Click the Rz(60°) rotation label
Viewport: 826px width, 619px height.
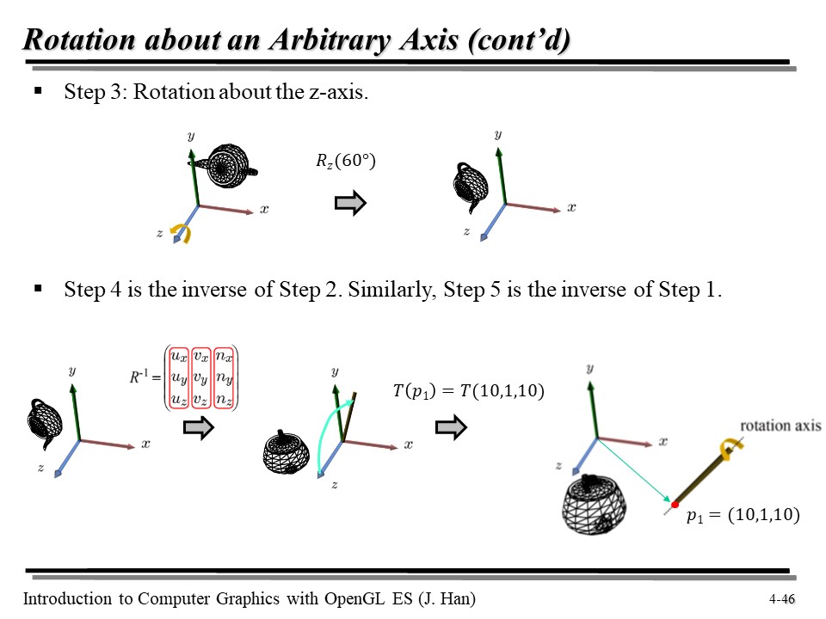pos(346,161)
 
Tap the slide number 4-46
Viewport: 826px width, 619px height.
pos(782,599)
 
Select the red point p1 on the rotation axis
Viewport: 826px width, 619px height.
pos(675,505)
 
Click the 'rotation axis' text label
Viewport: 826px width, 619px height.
pos(780,426)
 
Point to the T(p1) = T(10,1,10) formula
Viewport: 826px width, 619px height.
pos(469,391)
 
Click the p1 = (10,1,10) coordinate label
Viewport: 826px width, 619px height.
pos(743,515)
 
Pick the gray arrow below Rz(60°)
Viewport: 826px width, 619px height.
pos(350,203)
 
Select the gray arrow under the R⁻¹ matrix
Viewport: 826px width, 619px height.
pos(199,427)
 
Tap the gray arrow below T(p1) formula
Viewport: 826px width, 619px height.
pos(451,427)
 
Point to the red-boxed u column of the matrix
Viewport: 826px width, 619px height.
pos(179,378)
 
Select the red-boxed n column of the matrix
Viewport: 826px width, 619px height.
pos(224,378)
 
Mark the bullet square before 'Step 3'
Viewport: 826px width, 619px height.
pos(38,91)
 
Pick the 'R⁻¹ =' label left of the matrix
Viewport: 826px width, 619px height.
pos(145,377)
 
